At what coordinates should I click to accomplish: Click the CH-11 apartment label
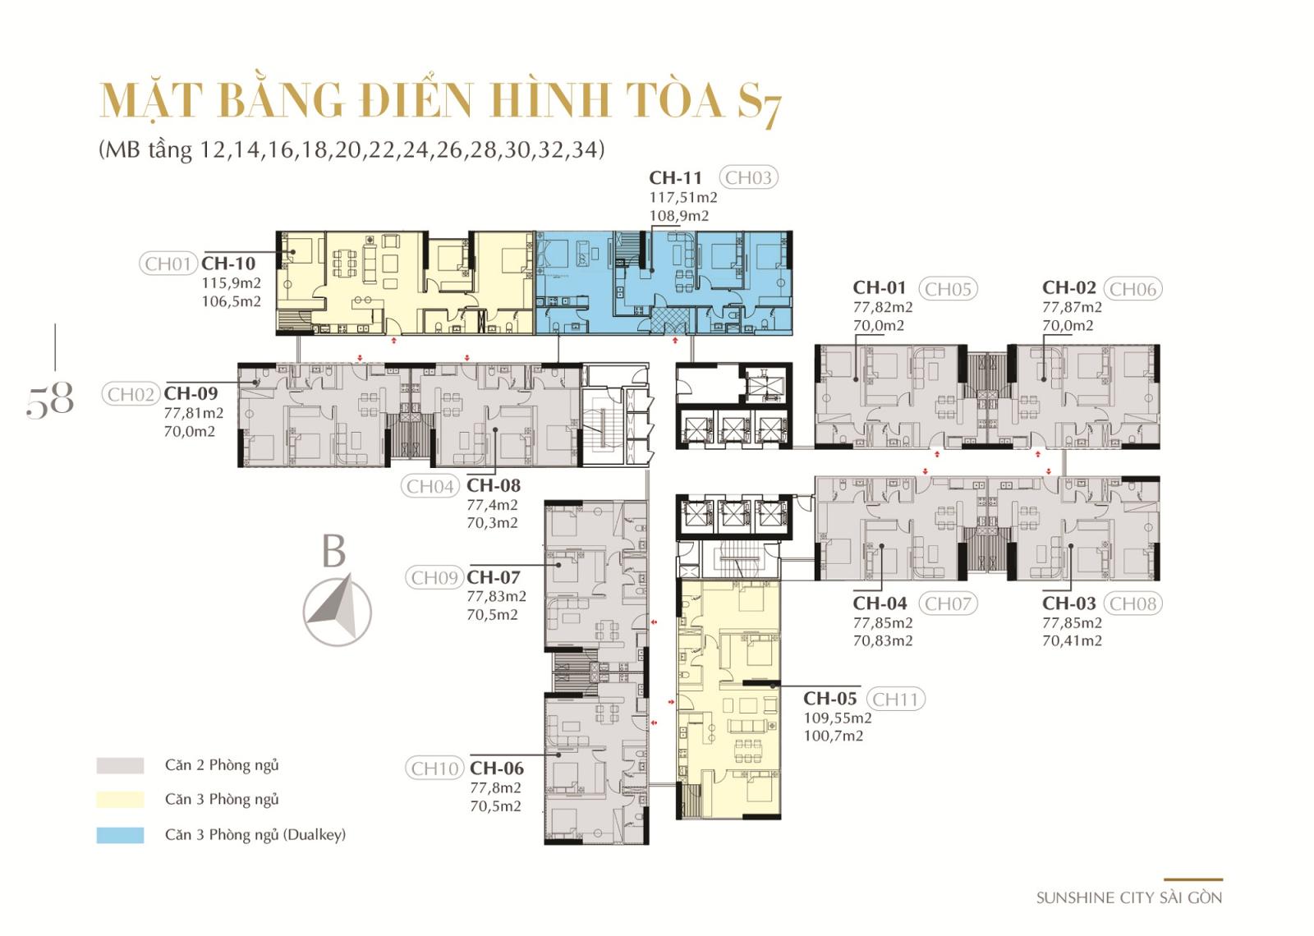pos(674,177)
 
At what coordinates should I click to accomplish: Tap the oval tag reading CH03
pos(748,177)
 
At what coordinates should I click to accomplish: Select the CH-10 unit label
pos(228,264)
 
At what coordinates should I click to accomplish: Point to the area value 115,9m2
pos(231,283)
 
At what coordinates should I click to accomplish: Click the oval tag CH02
pos(131,394)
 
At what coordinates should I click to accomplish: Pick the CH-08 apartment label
pos(494,485)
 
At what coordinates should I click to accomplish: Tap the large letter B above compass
pos(333,551)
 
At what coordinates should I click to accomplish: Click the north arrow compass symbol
pos(338,611)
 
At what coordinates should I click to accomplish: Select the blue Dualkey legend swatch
pos(120,835)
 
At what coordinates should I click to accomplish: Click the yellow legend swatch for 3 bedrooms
pos(120,800)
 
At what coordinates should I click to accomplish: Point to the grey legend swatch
pos(120,765)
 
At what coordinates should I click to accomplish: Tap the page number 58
pos(50,400)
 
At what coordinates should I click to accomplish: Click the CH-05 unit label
pos(830,699)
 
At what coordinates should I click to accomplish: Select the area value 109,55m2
pos(838,718)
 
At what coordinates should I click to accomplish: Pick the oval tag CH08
pos(1133,603)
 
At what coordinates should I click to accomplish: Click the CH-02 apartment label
pos(1068,287)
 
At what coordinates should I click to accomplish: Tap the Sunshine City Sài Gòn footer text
pos(1129,898)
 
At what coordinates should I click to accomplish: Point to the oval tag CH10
pos(434,769)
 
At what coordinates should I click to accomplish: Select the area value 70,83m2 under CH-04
pos(883,641)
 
